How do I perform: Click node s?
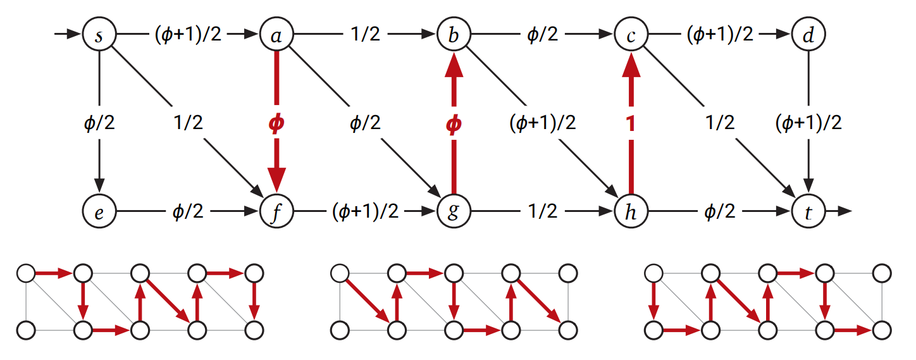(x=99, y=34)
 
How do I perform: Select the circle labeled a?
(x=276, y=34)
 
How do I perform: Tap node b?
(x=453, y=34)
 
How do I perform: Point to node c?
(x=630, y=34)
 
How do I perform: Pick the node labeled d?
(x=807, y=34)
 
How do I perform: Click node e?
(x=99, y=211)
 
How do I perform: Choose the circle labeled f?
(x=276, y=211)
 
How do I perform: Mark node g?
(x=453, y=211)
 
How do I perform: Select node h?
(x=630, y=211)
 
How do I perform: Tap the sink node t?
(x=807, y=211)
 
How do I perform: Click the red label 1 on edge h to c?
(x=630, y=124)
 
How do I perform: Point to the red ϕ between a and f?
(x=276, y=124)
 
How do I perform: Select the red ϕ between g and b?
(x=453, y=124)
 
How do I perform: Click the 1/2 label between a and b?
(x=365, y=35)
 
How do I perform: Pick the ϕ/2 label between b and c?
(x=542, y=35)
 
